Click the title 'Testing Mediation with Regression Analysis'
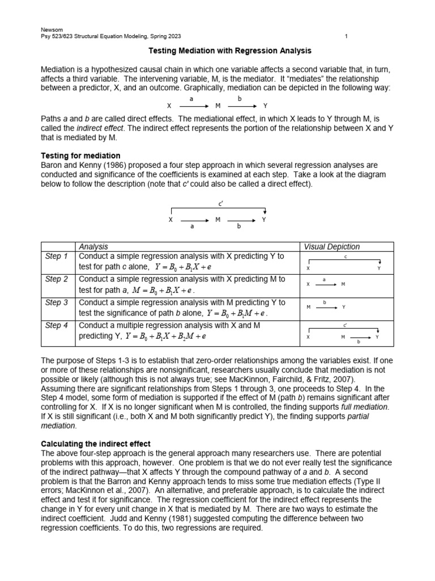tap(229, 51)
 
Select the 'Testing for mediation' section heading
tap(80, 155)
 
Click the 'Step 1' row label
tap(57, 256)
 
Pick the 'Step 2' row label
tap(57, 279)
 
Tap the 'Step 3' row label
tap(57, 302)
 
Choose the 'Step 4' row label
tap(57, 325)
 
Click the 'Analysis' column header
tap(93, 247)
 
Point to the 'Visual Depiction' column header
tap(331, 247)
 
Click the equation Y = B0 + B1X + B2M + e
tap(169, 336)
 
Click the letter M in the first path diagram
tap(218, 106)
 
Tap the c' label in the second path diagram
tap(220, 203)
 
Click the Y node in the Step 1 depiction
tap(379, 268)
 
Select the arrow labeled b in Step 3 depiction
tap(326, 307)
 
